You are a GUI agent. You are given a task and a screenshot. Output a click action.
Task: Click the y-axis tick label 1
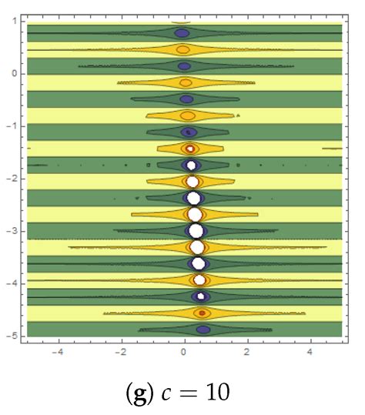click(x=14, y=22)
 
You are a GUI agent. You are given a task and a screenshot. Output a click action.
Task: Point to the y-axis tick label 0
click(x=14, y=74)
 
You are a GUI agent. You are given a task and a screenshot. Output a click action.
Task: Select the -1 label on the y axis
click(x=12, y=126)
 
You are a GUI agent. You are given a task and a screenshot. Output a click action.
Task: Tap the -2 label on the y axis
click(x=12, y=179)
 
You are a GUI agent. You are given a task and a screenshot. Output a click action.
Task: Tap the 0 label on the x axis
click(x=184, y=353)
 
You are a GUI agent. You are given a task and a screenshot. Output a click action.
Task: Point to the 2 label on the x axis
click(x=247, y=353)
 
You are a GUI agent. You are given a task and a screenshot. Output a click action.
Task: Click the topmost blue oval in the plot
click(x=182, y=33)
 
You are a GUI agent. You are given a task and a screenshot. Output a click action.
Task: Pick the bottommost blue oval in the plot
click(x=203, y=330)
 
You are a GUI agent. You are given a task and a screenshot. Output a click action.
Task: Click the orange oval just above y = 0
click(x=182, y=49)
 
